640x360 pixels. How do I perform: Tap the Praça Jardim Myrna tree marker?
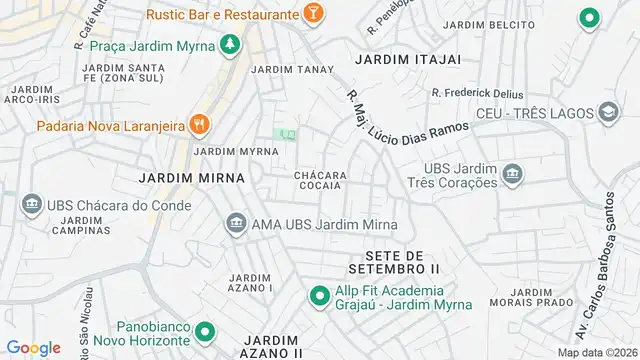coord(231,45)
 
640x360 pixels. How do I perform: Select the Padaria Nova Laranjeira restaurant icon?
coord(200,124)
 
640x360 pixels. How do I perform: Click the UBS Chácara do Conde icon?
coord(31,204)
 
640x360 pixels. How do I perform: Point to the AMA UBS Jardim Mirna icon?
coord(237,223)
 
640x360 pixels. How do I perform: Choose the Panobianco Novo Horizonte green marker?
coord(205,332)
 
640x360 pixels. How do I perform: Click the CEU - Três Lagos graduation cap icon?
coord(607,114)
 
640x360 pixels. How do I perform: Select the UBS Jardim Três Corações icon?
coord(512,175)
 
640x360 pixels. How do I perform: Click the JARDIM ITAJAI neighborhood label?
coord(408,59)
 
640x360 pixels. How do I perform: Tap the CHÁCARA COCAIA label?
coord(320,180)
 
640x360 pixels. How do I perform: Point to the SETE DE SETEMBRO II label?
coord(395,262)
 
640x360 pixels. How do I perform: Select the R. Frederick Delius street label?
coord(478,93)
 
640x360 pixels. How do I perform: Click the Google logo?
coord(33,348)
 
